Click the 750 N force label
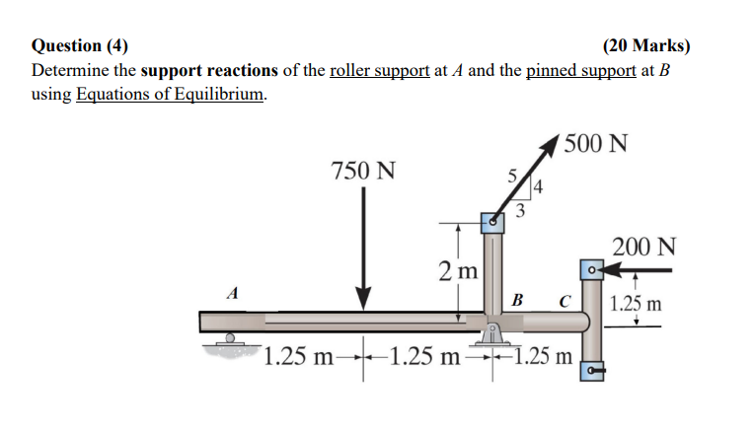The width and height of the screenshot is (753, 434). tap(363, 171)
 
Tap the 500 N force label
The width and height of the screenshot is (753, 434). tap(597, 144)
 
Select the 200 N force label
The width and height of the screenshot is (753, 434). tap(643, 246)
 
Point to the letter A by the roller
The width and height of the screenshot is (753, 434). tap(232, 292)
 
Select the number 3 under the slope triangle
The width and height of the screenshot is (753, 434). tap(520, 209)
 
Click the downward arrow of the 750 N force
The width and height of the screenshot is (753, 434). tap(363, 247)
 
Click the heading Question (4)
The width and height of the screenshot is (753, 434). tap(80, 45)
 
